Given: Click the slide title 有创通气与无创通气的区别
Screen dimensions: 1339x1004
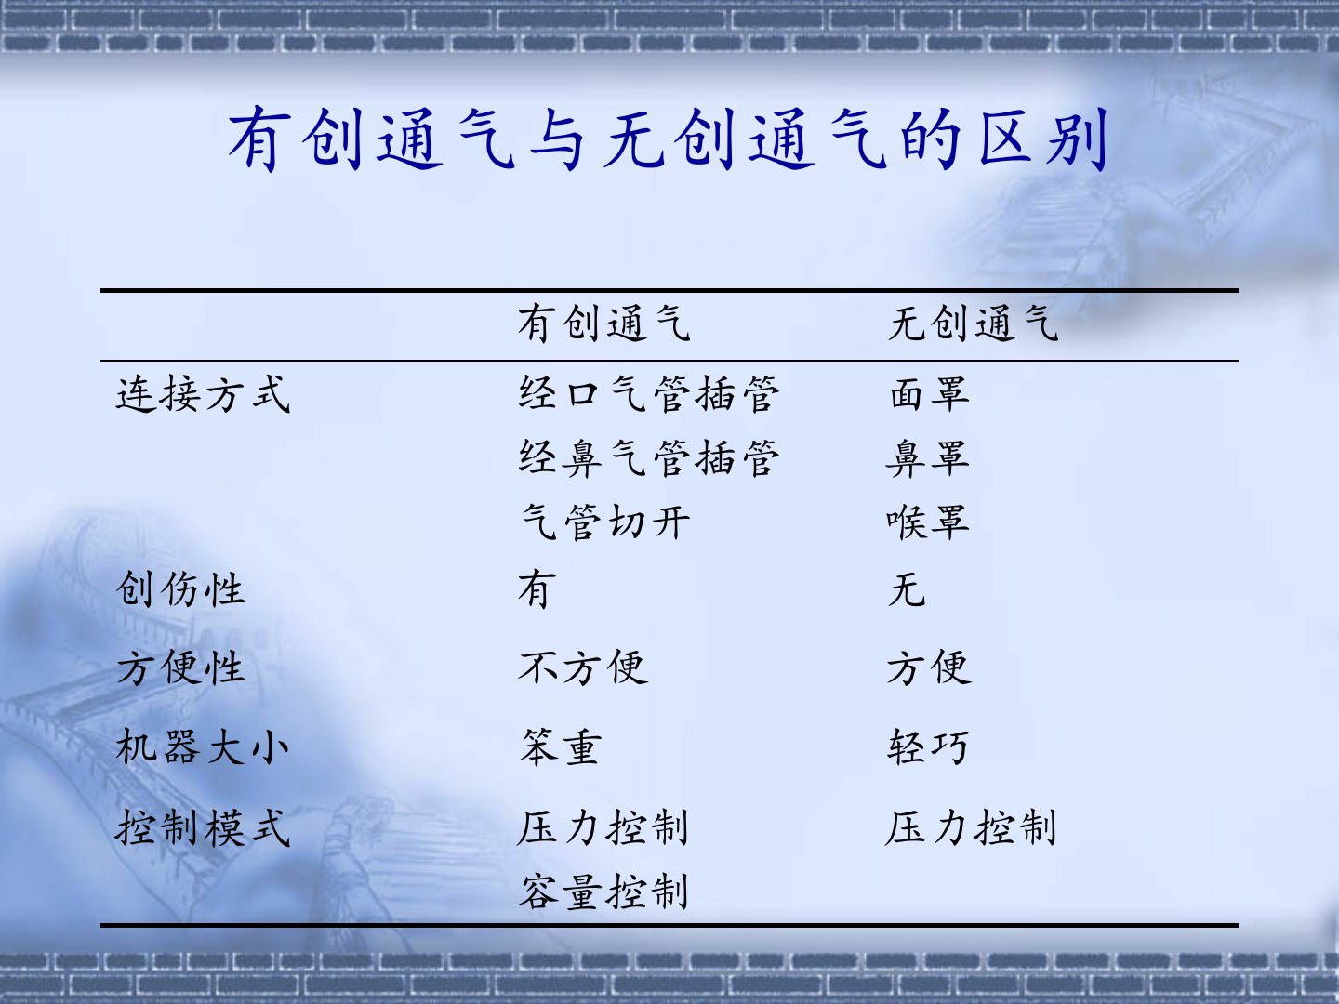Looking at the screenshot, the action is (668, 139).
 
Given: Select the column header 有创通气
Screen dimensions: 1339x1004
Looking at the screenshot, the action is (603, 324).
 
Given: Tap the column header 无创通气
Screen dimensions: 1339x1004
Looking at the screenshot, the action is (973, 324).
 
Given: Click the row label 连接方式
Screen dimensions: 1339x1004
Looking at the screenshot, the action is (203, 394).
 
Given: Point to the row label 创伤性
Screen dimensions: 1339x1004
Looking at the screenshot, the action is (180, 589).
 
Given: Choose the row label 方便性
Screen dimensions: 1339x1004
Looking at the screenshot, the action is (180, 667).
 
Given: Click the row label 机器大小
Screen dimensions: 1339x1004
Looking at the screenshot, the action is (203, 746).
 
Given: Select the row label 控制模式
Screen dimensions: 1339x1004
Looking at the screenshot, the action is (203, 827).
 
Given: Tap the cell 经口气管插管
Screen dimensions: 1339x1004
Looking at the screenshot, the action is (649, 394).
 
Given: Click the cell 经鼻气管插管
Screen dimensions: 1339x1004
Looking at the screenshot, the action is (649, 458).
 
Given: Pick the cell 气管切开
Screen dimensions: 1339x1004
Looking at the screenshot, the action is (604, 522).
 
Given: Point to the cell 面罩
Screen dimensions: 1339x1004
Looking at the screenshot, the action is (929, 394).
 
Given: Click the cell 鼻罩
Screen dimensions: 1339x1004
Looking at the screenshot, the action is (928, 458).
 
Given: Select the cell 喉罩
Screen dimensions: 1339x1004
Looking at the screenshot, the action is (928, 522).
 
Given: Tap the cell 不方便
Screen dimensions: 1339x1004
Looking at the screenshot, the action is (583, 667).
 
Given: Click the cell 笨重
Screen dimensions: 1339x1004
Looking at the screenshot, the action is (561, 746).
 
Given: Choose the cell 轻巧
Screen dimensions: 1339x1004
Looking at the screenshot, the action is (928, 746).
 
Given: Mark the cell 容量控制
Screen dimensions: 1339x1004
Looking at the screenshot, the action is (603, 892).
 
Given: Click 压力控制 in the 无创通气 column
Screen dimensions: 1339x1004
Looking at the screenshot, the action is (971, 827).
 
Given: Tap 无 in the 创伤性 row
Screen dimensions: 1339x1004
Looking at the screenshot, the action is (908, 589).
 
